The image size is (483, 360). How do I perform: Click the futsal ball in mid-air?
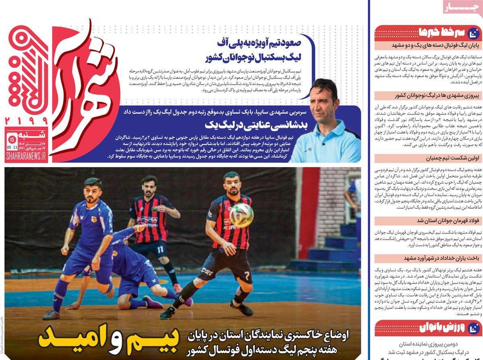(x=241, y=215)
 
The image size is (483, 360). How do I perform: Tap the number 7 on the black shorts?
(x=246, y=276)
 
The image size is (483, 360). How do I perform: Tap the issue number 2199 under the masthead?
(x=27, y=120)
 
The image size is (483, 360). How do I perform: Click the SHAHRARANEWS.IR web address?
(x=27, y=157)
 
